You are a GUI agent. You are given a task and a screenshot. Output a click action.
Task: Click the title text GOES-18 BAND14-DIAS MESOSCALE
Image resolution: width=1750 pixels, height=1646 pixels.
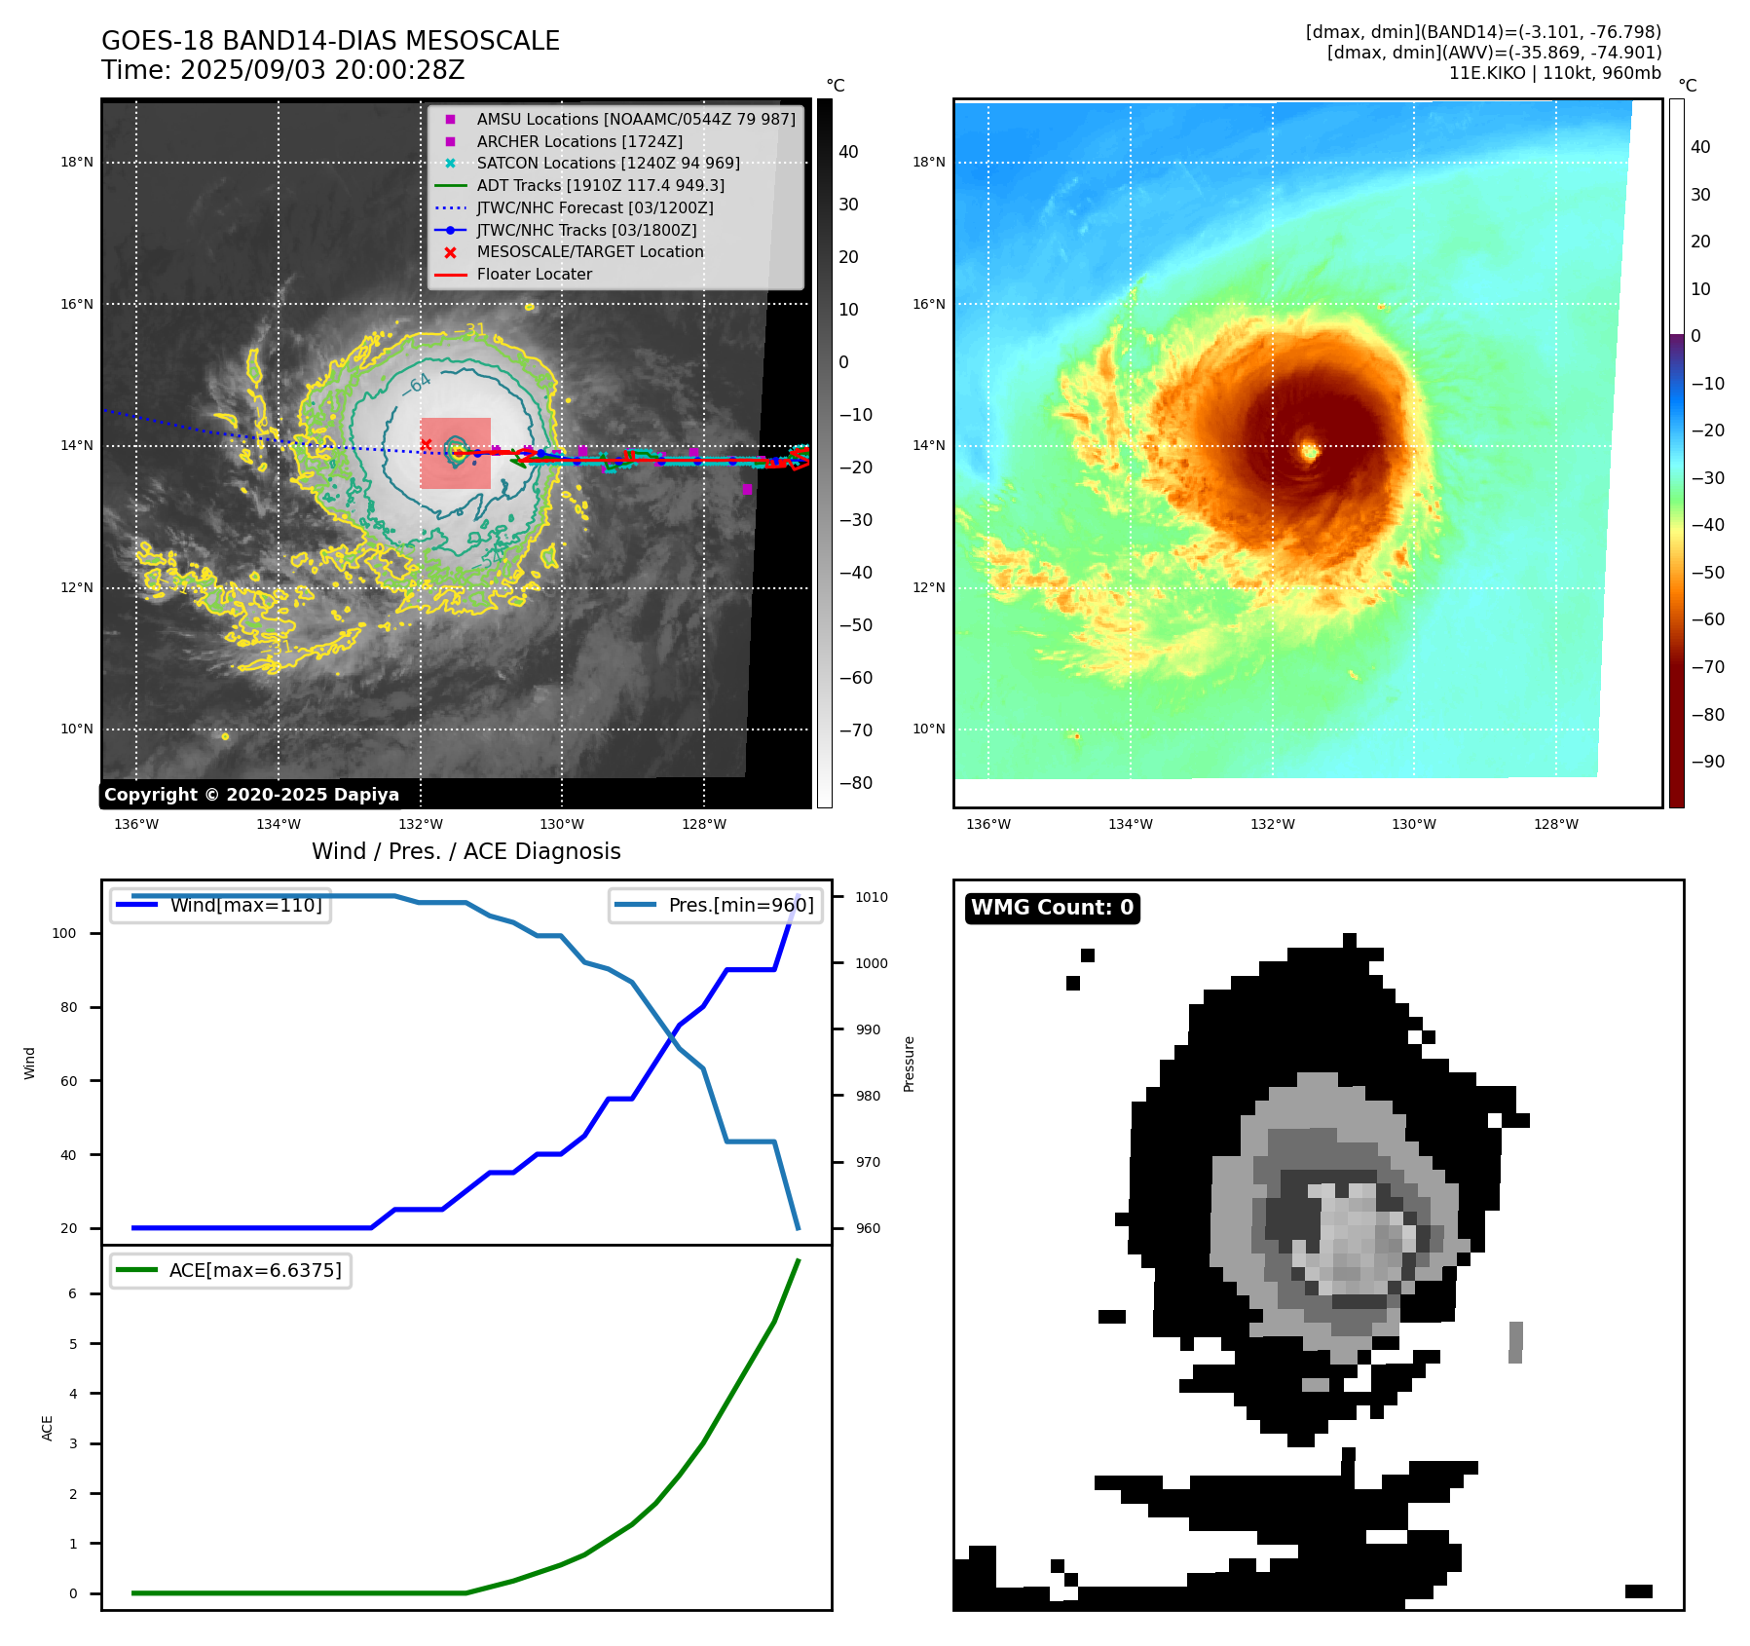click(330, 41)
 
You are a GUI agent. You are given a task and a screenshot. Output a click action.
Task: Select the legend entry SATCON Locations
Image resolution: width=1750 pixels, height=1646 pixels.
click(607, 164)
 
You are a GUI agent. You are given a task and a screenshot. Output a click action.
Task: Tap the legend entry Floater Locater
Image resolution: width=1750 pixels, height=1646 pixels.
click(534, 275)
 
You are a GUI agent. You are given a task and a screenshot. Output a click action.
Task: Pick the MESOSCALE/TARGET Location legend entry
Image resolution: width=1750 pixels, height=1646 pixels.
click(589, 252)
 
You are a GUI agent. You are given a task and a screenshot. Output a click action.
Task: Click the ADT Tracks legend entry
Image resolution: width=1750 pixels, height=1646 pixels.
click(600, 186)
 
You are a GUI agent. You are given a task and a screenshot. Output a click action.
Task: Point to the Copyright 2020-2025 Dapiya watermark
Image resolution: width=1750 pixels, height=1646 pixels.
click(251, 795)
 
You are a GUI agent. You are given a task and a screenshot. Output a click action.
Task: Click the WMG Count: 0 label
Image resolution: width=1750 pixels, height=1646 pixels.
click(1052, 908)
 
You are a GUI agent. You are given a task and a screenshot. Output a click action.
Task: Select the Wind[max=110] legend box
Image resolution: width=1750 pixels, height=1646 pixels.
click(221, 906)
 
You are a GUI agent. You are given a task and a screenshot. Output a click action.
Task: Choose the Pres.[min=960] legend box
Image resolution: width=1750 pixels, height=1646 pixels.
click(716, 906)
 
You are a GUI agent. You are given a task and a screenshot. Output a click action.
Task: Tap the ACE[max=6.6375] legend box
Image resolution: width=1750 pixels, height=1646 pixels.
click(231, 1271)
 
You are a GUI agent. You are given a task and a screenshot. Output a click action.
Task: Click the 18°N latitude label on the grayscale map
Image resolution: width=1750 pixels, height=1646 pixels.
click(77, 163)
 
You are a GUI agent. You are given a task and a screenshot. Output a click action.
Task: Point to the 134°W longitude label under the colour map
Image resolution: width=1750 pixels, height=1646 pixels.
click(1130, 825)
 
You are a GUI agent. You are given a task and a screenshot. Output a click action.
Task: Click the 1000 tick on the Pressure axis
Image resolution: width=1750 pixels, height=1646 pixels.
click(872, 963)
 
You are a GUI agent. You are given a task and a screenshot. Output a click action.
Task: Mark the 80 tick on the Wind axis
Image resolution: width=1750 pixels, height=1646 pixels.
click(68, 1008)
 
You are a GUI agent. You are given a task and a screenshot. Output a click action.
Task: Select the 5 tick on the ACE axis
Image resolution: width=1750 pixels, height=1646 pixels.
click(73, 1345)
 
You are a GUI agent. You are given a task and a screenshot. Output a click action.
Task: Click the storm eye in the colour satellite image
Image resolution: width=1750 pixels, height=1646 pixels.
click(1310, 451)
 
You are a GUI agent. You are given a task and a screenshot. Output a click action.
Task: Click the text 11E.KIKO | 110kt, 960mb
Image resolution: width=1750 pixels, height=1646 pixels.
click(1554, 73)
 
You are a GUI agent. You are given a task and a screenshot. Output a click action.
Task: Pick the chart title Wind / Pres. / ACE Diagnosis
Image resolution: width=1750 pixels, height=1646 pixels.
click(465, 852)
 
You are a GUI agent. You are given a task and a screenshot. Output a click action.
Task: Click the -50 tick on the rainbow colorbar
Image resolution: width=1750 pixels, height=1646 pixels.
click(1707, 573)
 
